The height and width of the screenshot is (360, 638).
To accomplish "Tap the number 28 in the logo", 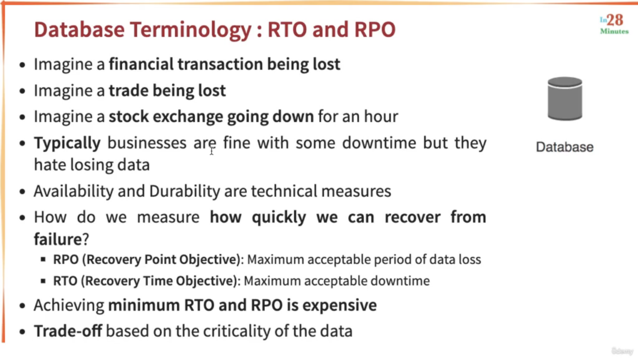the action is (615, 20).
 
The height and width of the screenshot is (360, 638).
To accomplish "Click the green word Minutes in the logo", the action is (614, 31).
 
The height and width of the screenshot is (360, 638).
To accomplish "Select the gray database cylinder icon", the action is (565, 99).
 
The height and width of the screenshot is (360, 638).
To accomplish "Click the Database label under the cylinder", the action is (564, 147).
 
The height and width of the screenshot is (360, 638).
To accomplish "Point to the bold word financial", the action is (141, 64).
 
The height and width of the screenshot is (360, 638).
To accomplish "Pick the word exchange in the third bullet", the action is (188, 117).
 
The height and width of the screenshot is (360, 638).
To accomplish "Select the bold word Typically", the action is (67, 143).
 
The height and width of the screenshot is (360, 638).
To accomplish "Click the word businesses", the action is (147, 142).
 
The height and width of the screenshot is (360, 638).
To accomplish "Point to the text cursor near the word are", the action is (212, 150).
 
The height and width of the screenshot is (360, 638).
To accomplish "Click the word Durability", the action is (185, 191).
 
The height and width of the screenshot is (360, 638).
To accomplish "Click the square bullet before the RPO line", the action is (43, 259).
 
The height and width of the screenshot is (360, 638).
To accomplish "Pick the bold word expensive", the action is (340, 306).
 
